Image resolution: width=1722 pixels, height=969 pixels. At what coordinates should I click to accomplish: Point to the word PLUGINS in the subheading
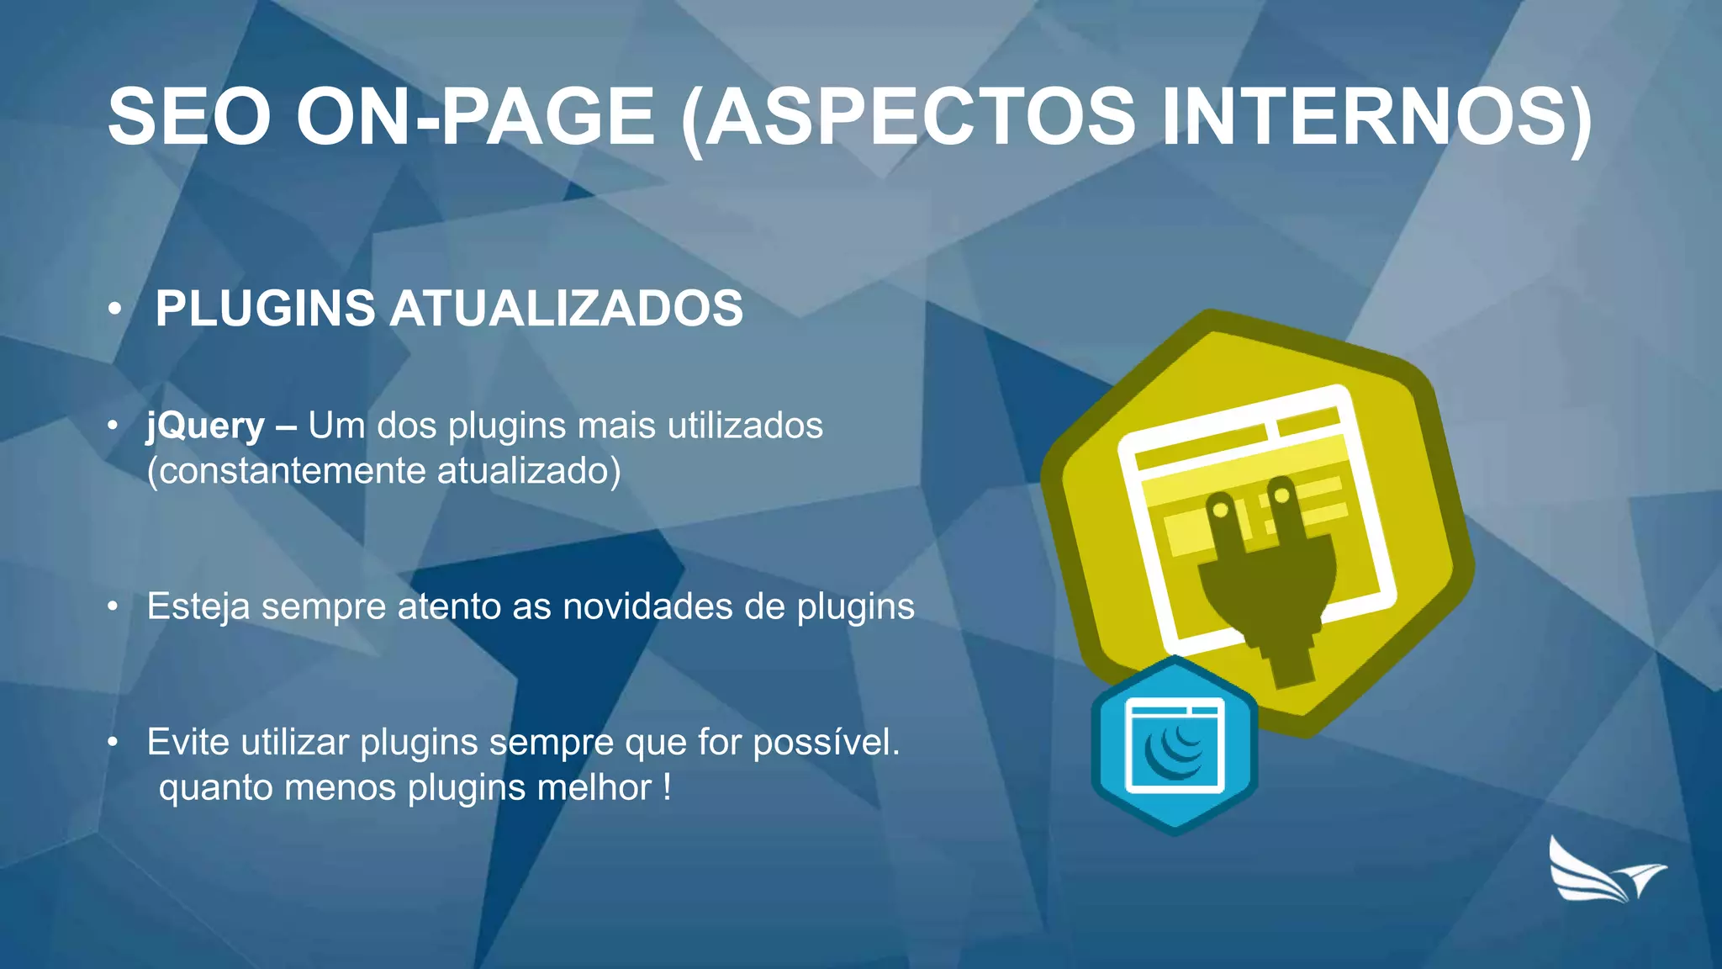(x=265, y=308)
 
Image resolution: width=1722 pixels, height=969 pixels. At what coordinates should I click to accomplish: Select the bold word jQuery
(x=206, y=426)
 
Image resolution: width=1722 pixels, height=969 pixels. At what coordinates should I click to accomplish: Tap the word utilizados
(x=745, y=426)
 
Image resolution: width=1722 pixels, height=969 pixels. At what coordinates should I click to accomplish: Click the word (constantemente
(x=286, y=470)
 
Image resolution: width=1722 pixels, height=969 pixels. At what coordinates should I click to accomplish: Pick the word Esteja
(x=198, y=606)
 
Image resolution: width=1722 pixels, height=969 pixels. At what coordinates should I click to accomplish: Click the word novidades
(x=647, y=606)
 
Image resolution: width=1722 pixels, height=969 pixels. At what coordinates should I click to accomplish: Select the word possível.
(x=826, y=742)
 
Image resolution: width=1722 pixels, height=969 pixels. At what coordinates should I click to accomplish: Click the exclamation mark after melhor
(x=667, y=788)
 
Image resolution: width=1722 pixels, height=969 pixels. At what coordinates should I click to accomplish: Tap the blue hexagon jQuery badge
(x=1175, y=745)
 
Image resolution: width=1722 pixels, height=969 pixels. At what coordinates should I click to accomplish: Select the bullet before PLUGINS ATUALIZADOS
(x=115, y=309)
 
